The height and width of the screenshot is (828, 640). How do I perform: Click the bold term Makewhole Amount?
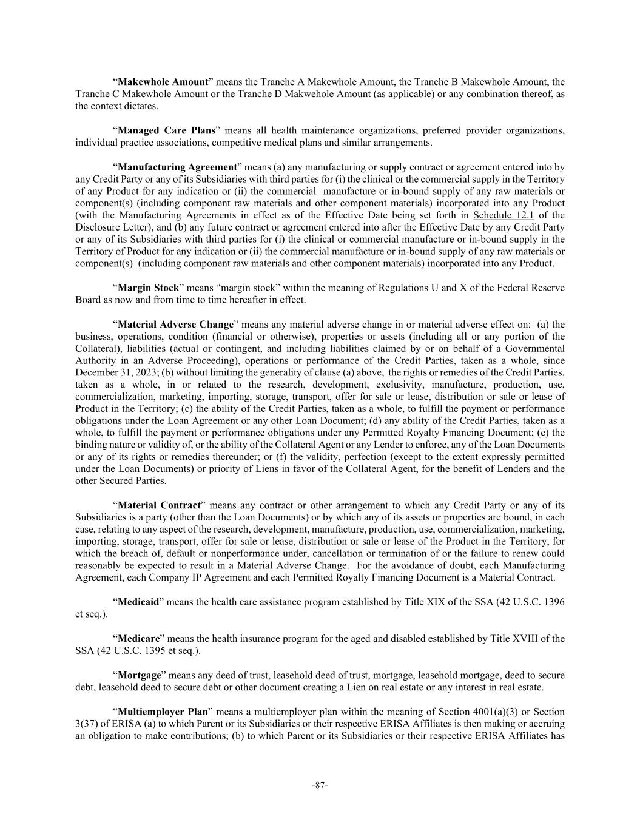(163, 82)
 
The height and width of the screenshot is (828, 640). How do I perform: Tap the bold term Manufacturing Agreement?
(177, 167)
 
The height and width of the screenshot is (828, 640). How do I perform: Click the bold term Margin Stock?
(148, 288)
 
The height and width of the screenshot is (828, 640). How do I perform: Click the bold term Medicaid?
(138, 602)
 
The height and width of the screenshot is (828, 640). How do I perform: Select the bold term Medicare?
(138, 638)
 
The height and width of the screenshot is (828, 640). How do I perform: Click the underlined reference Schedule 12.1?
(504, 215)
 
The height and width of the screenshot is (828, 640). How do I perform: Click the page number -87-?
(320, 785)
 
